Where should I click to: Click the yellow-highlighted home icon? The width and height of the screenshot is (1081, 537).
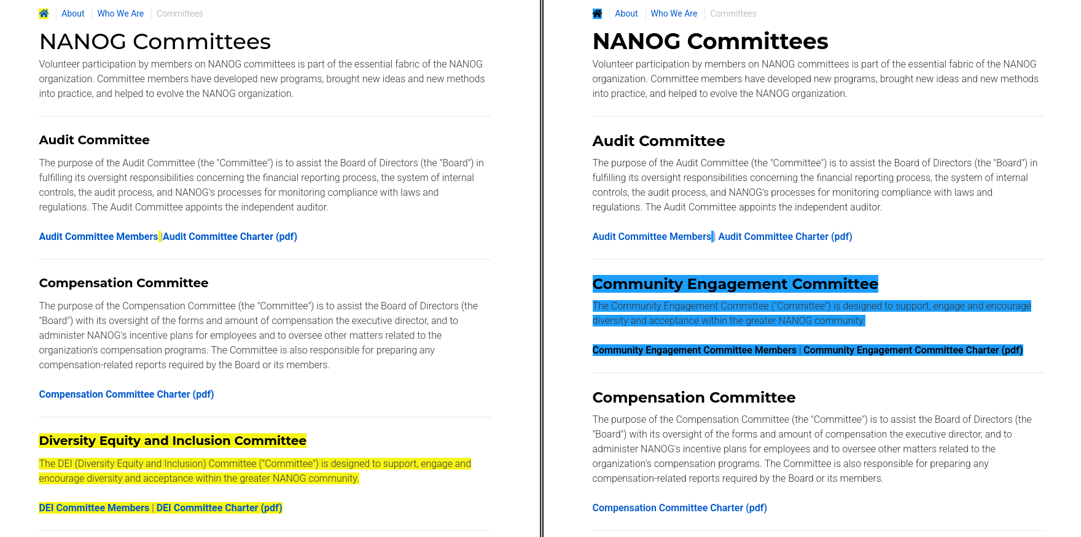coord(44,14)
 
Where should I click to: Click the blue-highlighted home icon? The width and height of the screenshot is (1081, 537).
coord(597,14)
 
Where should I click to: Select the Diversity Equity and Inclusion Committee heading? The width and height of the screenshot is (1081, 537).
coord(173,441)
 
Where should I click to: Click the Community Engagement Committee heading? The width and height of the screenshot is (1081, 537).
coord(735,284)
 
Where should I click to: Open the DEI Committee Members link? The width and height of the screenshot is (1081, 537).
coord(94,508)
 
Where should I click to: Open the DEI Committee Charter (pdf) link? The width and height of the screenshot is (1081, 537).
coord(219,508)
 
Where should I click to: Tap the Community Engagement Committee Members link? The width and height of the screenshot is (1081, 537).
coord(694,350)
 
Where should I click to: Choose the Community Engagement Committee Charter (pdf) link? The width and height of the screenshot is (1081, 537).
coord(913,350)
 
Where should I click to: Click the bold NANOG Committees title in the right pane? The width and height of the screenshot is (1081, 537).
coord(710,42)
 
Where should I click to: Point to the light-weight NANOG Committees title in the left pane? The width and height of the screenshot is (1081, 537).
coord(155,42)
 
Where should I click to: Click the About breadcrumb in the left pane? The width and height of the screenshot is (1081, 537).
coord(73,14)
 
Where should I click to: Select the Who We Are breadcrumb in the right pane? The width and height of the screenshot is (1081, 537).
coord(674,14)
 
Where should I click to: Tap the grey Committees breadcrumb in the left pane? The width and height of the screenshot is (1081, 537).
coord(179,14)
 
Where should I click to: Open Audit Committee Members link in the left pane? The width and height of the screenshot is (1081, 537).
coord(98,237)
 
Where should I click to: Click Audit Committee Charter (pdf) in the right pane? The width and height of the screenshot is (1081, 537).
coord(785,237)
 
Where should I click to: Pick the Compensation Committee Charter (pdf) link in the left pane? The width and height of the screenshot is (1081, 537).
coord(127,395)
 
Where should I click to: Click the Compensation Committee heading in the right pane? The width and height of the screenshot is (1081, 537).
coord(693,398)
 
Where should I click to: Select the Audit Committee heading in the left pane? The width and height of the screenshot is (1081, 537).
coord(94,140)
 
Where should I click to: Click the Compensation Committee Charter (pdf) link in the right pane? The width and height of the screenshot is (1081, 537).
coord(679,508)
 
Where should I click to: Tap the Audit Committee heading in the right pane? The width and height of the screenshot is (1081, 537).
coord(658,141)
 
